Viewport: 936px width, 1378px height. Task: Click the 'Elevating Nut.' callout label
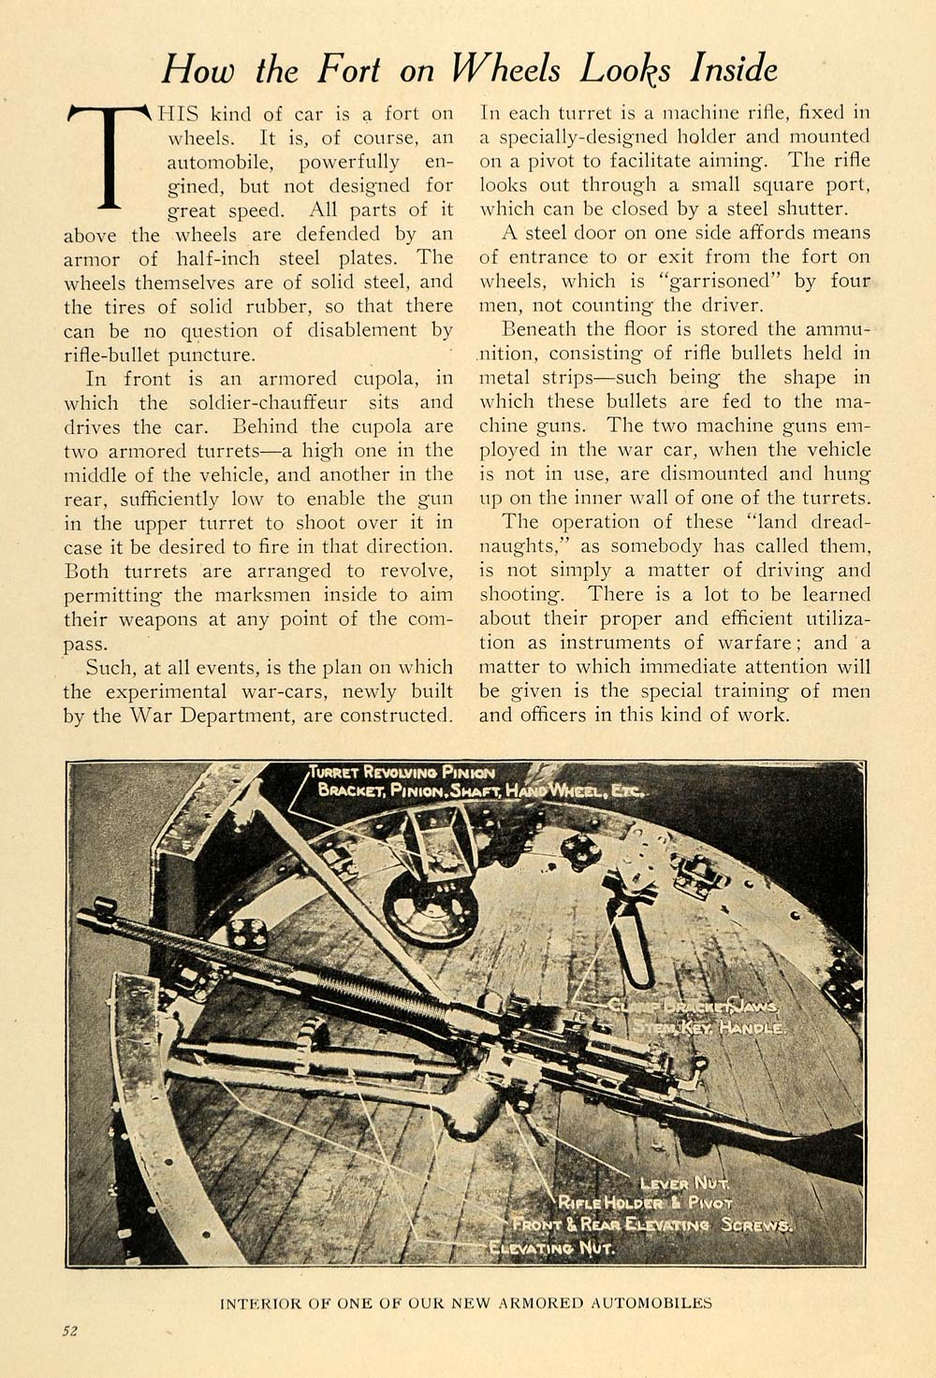(x=552, y=1247)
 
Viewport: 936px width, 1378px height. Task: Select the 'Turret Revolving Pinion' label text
(x=404, y=773)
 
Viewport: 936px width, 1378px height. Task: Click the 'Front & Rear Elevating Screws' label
(x=652, y=1225)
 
